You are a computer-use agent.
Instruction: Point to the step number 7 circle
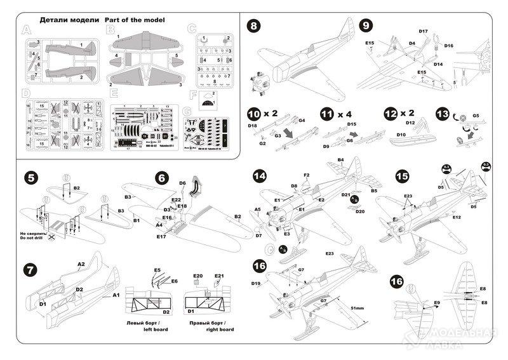pos(29,269)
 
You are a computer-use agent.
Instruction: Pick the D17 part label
pos(424,30)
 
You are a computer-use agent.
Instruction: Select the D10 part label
pos(401,135)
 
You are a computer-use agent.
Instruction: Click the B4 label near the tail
pos(341,159)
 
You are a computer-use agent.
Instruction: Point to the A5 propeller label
pos(257,209)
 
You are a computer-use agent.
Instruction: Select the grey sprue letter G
pos(187,117)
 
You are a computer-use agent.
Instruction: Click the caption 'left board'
pos(150,330)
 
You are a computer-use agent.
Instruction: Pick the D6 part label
pos(182,183)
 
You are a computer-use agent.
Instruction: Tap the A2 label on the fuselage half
pos(81,263)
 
